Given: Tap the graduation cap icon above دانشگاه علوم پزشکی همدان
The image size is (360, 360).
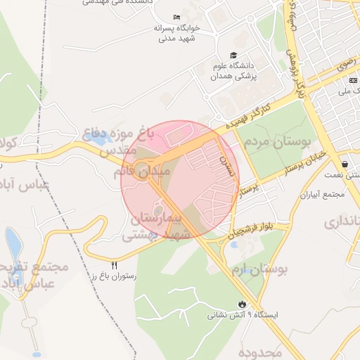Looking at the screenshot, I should (233, 56).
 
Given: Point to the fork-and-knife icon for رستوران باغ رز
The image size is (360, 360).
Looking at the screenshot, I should (115, 265).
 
